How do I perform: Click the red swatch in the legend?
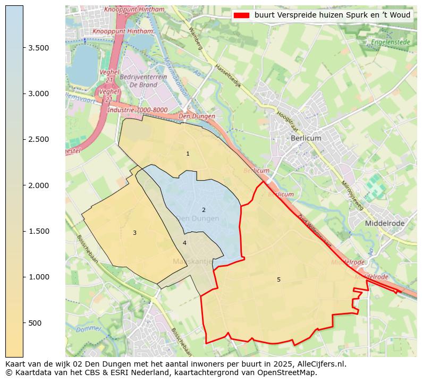pyautogui.click(x=241, y=15)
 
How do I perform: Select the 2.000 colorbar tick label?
pyautogui.click(x=38, y=185)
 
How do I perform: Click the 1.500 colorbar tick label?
pyautogui.click(x=38, y=231)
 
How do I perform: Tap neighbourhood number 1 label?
pyautogui.click(x=188, y=154)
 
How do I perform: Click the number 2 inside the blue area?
pyautogui.click(x=204, y=210)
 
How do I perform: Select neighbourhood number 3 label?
pyautogui.click(x=134, y=233)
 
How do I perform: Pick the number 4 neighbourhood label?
pyautogui.click(x=184, y=243)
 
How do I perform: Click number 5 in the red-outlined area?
pyautogui.click(x=278, y=280)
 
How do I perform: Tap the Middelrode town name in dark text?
pyautogui.click(x=384, y=224)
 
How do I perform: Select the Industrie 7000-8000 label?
pyautogui.click(x=137, y=110)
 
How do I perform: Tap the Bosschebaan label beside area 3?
pyautogui.click(x=88, y=249)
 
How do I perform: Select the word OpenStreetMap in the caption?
pyautogui.click(x=289, y=372)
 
